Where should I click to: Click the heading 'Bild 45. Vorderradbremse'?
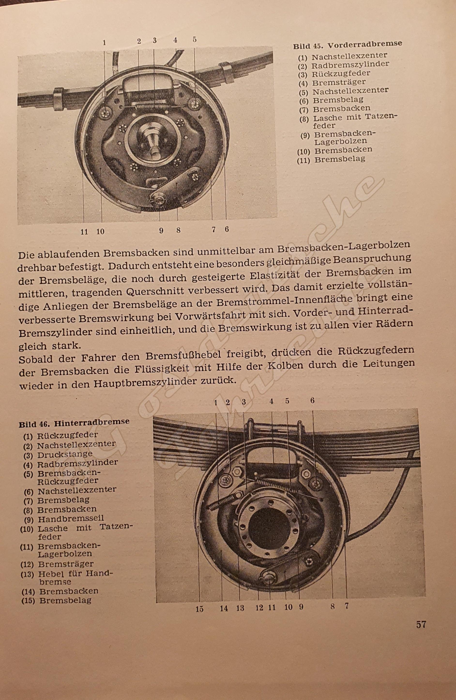pyautogui.click(x=347, y=45)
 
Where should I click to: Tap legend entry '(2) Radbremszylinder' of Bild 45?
pyautogui.click(x=344, y=65)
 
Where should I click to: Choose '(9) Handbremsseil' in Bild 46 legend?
pyautogui.click(x=63, y=526)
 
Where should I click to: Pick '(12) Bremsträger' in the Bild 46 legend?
pyautogui.click(x=57, y=564)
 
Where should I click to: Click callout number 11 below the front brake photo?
pyautogui.click(x=84, y=232)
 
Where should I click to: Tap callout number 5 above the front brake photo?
pyautogui.click(x=194, y=39)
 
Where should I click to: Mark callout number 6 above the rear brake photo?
pyautogui.click(x=312, y=400)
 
